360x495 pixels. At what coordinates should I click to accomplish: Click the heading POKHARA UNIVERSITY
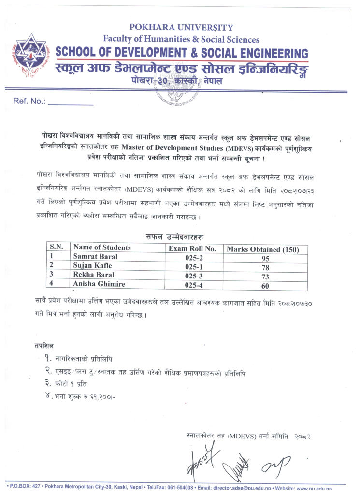(181, 28)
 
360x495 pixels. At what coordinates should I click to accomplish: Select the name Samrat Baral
(95, 257)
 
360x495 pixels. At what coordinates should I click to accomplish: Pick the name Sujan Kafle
(92, 266)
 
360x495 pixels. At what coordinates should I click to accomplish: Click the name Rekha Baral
(94, 275)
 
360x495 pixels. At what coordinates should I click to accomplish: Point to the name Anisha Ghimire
(99, 284)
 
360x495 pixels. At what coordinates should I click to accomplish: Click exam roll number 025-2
(193, 258)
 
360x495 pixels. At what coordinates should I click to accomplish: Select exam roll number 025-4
(193, 285)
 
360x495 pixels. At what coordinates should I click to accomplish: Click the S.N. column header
(57, 247)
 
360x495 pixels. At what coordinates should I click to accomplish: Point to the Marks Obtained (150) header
(266, 249)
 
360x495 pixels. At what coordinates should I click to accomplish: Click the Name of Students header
(102, 247)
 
